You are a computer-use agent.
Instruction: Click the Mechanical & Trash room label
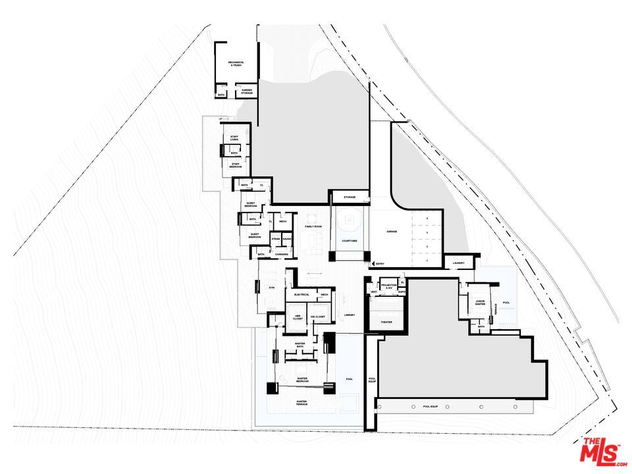(236, 64)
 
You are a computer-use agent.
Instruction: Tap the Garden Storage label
(247, 92)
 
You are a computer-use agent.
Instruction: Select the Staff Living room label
(234, 138)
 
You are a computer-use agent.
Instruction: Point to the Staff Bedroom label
(236, 166)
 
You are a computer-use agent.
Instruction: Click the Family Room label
(313, 226)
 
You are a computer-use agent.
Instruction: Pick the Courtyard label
(350, 241)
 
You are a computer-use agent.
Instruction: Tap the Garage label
(392, 232)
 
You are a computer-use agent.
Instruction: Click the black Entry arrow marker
(373, 264)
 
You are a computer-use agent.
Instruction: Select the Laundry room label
(459, 264)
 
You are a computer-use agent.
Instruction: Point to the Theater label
(386, 322)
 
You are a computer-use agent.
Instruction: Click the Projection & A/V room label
(388, 287)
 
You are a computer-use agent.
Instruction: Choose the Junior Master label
(481, 303)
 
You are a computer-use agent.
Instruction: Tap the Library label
(350, 315)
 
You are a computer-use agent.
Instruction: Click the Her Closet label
(297, 317)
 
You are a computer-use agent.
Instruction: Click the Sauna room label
(287, 239)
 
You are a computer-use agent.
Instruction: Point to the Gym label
(271, 288)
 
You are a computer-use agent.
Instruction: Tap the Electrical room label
(302, 294)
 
